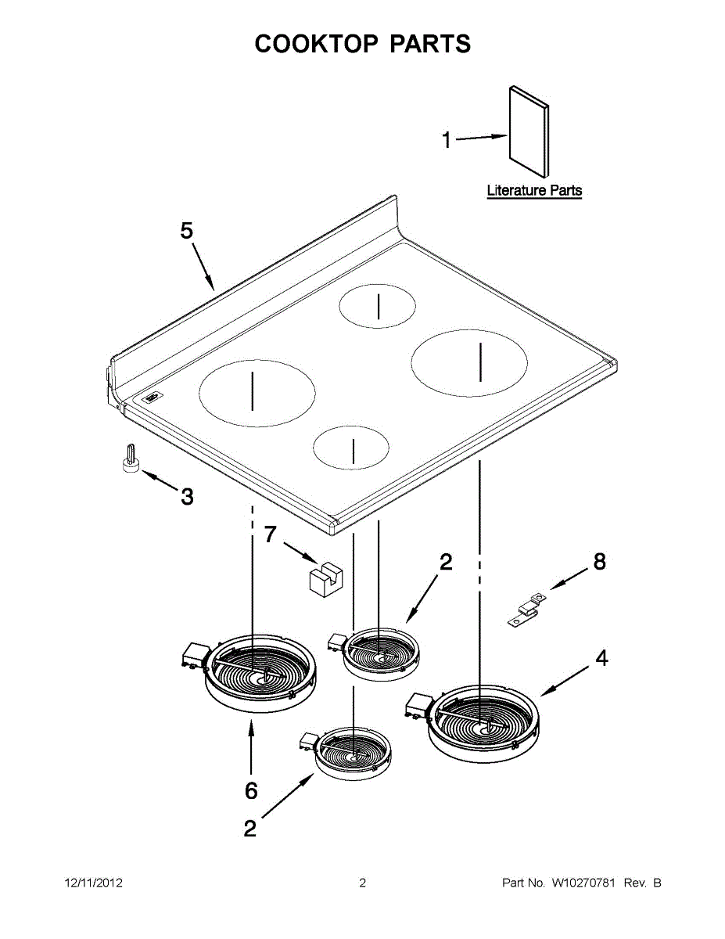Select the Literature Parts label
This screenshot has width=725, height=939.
534,190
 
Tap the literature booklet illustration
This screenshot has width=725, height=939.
529,131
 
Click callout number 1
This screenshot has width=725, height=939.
447,141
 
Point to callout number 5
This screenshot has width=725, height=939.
186,231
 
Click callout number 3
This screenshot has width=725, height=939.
187,496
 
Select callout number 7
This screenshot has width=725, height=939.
270,534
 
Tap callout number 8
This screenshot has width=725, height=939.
599,562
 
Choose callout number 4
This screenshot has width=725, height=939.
601,659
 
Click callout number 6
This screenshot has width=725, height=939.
250,791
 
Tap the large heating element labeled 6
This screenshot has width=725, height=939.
260,672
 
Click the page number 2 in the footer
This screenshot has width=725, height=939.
362,883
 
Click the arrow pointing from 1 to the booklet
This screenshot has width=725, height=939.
480,138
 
